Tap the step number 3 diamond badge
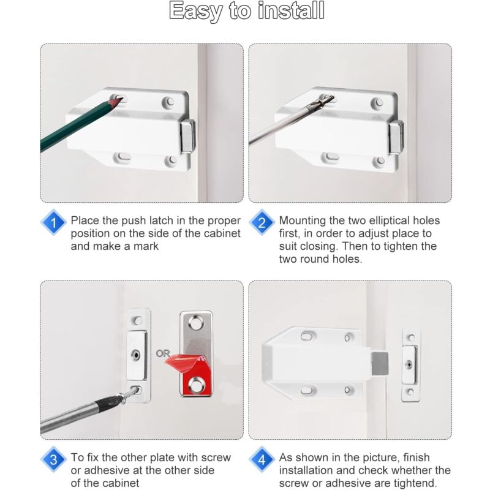click(54, 460)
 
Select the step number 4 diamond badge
click(262, 460)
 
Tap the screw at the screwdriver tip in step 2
click(324, 98)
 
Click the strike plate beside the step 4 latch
click(411, 365)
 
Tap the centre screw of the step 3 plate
click(136, 354)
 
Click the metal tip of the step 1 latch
click(189, 136)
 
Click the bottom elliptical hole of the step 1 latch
click(123, 157)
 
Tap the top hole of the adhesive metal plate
click(195, 321)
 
